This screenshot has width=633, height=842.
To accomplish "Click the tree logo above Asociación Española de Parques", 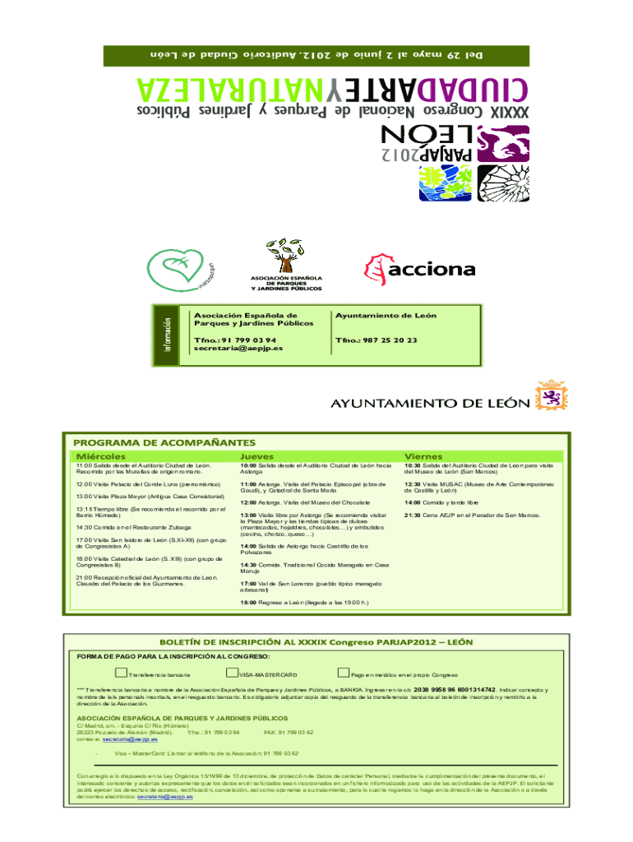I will point(285,255).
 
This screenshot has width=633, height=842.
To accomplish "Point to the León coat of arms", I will point(549,396).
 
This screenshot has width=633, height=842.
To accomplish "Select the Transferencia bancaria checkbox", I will point(121,673).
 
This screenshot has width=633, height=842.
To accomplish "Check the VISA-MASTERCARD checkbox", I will point(233,673).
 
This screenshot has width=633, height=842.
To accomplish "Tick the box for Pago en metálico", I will point(344,673).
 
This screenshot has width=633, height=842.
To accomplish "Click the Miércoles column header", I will point(101,456).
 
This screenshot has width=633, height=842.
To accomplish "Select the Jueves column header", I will point(257,456).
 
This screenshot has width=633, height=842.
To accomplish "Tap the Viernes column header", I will point(423,456).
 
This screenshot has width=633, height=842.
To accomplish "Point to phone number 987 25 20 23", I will point(377,340).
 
